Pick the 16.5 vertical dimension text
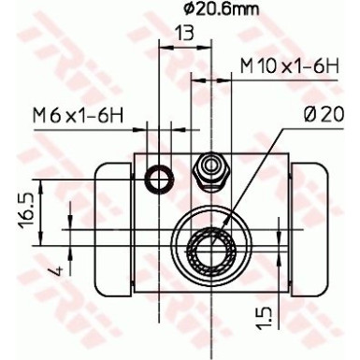pyautogui.click(x=27, y=208)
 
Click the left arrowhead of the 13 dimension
pyautogui.click(x=164, y=50)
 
